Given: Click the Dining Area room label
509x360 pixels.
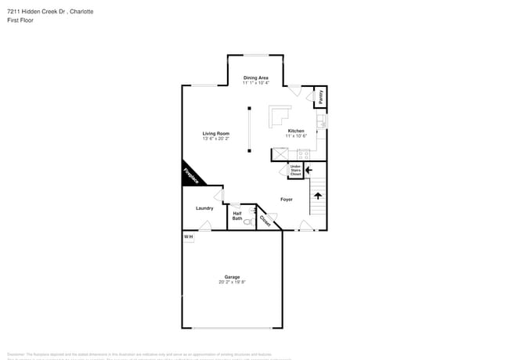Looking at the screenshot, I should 255,77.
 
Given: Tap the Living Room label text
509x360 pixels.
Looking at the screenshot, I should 216,134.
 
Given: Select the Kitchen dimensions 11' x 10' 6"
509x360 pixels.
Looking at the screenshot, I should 296,136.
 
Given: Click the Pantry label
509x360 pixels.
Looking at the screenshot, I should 320,96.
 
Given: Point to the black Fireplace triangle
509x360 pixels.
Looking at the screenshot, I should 189,176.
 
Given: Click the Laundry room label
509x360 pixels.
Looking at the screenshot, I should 204,208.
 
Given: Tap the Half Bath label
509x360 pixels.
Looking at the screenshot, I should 237,215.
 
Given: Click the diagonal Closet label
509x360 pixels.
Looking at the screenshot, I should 265,221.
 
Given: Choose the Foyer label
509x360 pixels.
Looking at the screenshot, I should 287,200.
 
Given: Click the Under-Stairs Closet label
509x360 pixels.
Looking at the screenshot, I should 295,170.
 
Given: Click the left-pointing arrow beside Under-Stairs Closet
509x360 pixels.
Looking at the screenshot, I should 309,168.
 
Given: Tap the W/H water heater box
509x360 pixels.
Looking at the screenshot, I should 188,237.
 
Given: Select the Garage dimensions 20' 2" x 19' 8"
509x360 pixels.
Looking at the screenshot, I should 232,282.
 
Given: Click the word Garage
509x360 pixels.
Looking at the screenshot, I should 232,276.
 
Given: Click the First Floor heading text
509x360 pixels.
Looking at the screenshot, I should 20,20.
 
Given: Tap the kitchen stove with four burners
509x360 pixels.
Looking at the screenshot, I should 302,154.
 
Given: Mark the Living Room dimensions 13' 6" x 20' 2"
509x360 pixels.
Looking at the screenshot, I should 216,139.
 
